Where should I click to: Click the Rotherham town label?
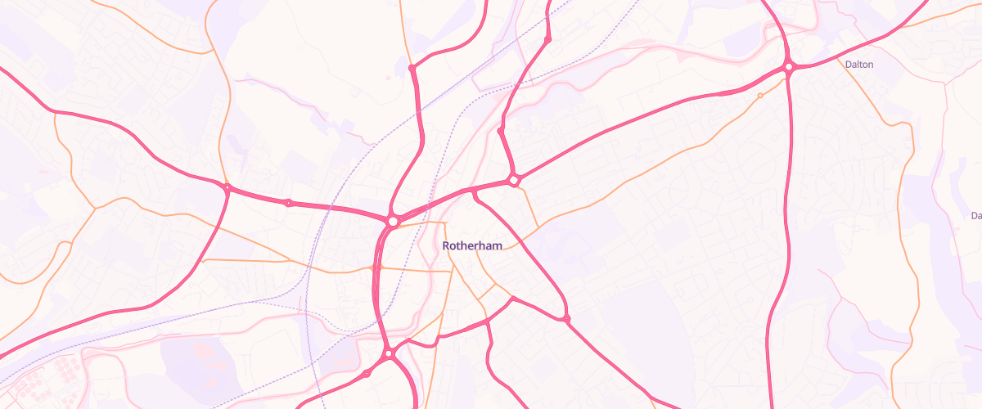click(472, 245)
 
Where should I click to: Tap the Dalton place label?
click(859, 64)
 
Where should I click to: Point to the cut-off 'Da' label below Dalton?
click(975, 216)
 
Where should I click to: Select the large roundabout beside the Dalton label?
click(789, 67)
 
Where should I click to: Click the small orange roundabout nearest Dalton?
click(760, 96)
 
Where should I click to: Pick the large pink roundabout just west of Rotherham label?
click(394, 221)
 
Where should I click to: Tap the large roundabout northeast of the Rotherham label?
click(514, 179)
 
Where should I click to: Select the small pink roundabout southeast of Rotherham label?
click(565, 317)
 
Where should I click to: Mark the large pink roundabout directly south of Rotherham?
click(390, 353)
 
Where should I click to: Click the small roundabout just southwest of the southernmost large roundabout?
click(367, 373)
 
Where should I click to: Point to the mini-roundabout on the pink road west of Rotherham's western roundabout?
click(288, 202)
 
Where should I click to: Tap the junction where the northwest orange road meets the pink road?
click(227, 188)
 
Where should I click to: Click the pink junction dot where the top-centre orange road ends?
click(412, 67)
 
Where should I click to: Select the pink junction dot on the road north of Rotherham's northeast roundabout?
click(500, 130)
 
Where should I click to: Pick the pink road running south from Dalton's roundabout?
click(787, 204)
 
